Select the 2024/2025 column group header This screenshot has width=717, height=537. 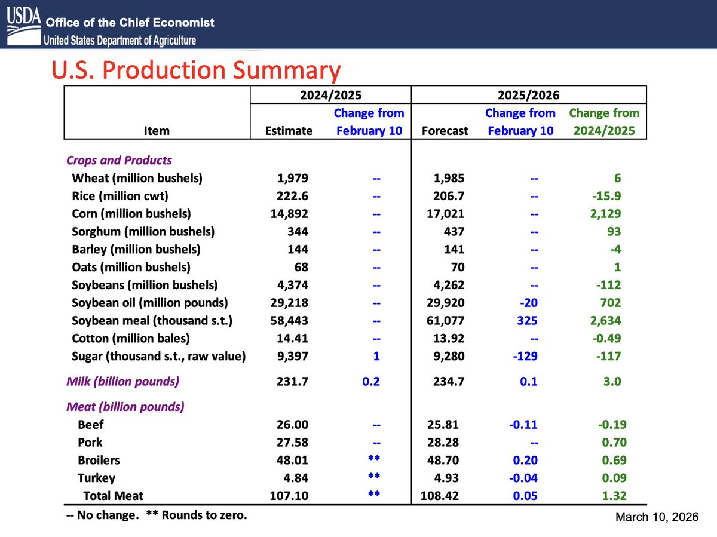330,94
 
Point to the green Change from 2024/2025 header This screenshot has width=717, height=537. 603,121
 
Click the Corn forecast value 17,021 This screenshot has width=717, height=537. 448,213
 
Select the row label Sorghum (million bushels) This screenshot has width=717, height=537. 143,231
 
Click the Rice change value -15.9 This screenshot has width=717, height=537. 604,196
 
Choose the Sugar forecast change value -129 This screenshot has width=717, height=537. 525,357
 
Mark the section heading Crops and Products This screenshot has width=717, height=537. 119,160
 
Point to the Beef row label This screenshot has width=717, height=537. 91,424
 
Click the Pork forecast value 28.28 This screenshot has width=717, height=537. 450,442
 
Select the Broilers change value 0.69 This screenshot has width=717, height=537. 609,460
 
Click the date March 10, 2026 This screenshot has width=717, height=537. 656,517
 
